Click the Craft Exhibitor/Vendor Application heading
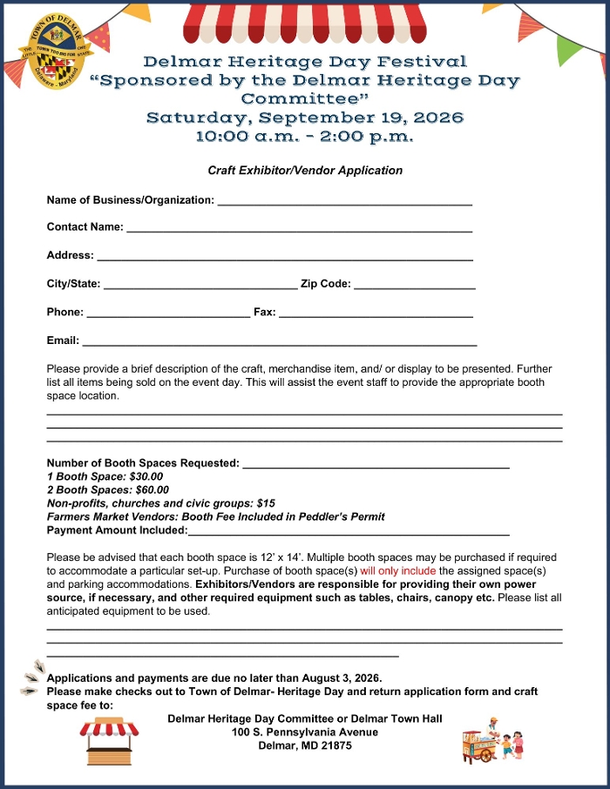(x=305, y=171)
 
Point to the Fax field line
(x=376, y=314)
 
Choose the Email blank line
(x=279, y=343)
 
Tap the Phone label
(x=65, y=312)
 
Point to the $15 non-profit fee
(x=266, y=503)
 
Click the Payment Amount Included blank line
(x=349, y=532)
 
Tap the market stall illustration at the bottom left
(x=109, y=740)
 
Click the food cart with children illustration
(x=492, y=740)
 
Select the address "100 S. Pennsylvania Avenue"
(x=305, y=732)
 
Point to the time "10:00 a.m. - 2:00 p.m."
(x=305, y=138)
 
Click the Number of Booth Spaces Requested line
(x=376, y=465)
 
